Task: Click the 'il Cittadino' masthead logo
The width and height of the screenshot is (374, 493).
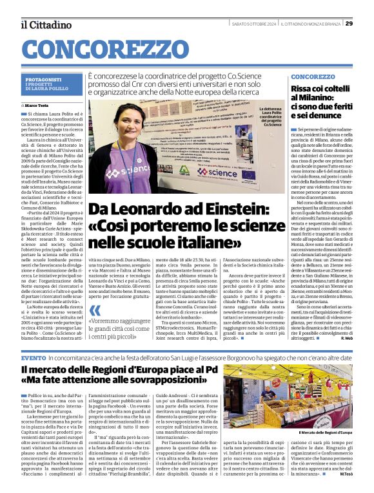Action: (46, 24)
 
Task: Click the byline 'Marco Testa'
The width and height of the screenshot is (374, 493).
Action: (37, 105)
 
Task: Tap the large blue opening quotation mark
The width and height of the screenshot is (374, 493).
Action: (95, 311)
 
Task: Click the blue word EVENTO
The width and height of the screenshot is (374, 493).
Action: (34, 357)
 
